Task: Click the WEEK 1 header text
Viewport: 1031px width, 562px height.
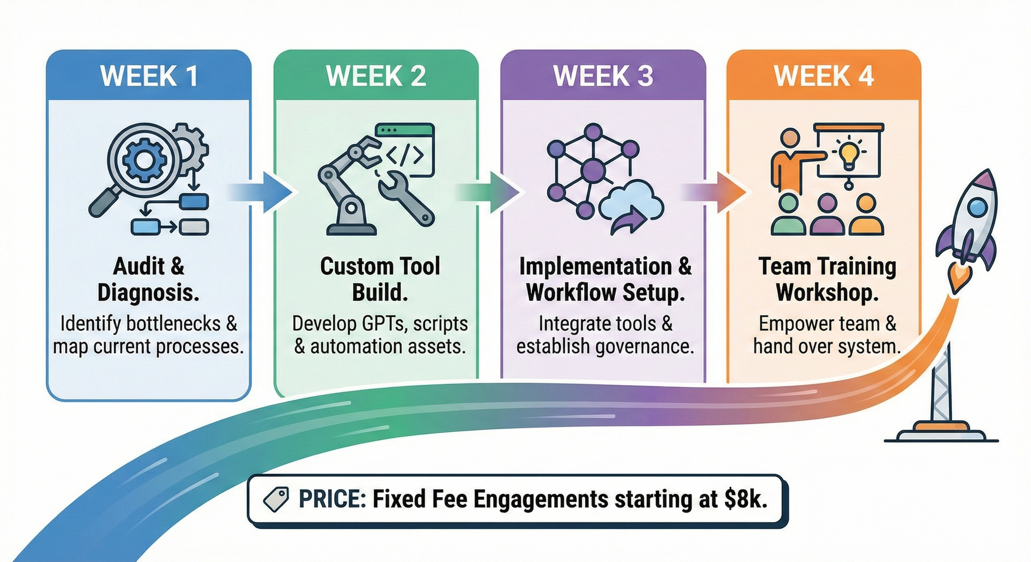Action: click(x=149, y=76)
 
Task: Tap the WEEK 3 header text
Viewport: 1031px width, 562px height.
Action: click(x=603, y=76)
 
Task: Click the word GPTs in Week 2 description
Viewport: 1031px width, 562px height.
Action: click(x=386, y=324)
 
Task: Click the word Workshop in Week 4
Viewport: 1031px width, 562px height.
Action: click(x=827, y=293)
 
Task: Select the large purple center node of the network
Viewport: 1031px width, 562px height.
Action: click(x=593, y=169)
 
